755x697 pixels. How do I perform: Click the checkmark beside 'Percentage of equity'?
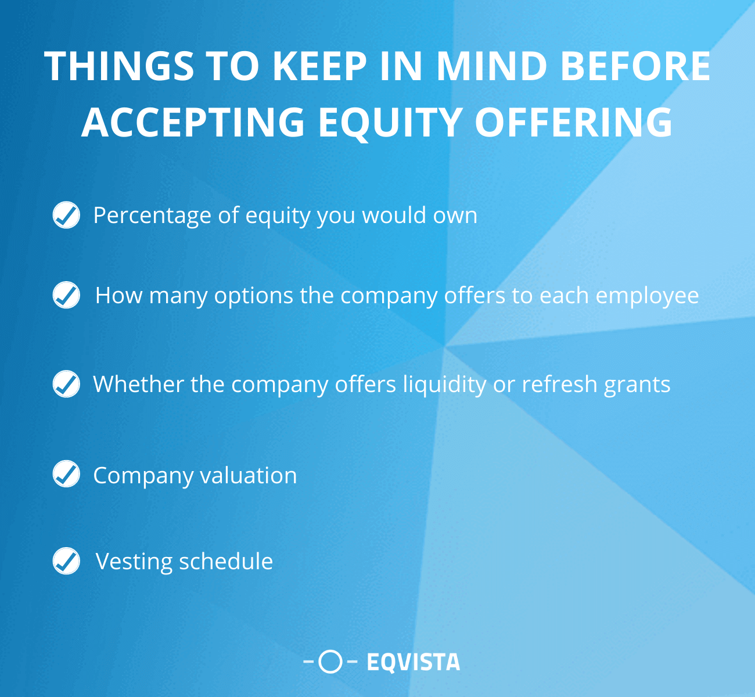tap(66, 215)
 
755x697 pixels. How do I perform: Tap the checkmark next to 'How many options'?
tap(66, 295)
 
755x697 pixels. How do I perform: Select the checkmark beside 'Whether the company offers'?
tap(66, 384)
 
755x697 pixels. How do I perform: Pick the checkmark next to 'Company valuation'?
tap(66, 474)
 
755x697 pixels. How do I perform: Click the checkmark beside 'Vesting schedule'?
tap(66, 561)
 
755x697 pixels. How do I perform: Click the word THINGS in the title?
tap(119, 66)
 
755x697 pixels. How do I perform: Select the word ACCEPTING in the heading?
tap(193, 122)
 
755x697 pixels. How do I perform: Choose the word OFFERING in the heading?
tap(574, 122)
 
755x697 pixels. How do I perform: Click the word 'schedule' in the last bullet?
tap(226, 562)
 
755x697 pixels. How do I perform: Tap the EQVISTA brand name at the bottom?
tap(413, 662)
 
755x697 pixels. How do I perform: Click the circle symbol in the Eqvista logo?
tap(330, 662)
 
